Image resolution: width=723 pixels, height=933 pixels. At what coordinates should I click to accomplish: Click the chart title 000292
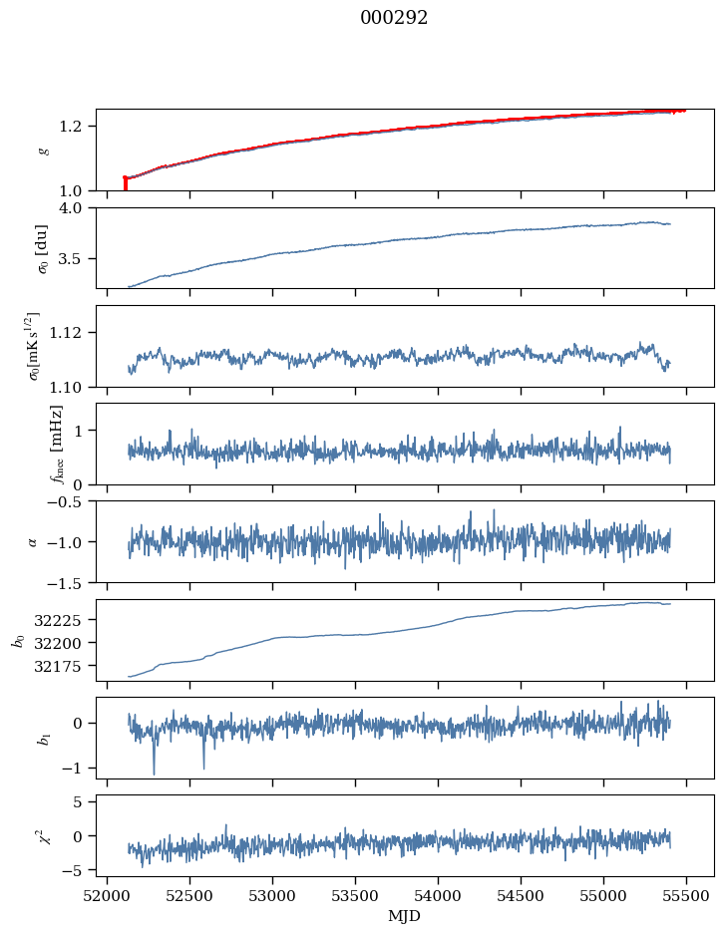coord(394,18)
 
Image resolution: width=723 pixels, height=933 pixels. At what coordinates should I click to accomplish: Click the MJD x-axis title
coord(405,916)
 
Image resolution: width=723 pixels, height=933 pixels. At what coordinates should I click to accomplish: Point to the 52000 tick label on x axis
coord(107,895)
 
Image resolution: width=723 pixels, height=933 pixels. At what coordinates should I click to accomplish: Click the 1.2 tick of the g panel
coord(77,127)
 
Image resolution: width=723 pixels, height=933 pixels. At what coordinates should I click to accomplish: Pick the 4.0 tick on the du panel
coord(77,208)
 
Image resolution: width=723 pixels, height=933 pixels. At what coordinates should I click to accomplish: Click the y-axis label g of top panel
coord(43,151)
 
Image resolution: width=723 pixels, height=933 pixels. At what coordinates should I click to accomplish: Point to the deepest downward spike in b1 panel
coord(154,773)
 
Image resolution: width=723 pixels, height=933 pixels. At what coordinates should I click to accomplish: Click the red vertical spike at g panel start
coord(125,184)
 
